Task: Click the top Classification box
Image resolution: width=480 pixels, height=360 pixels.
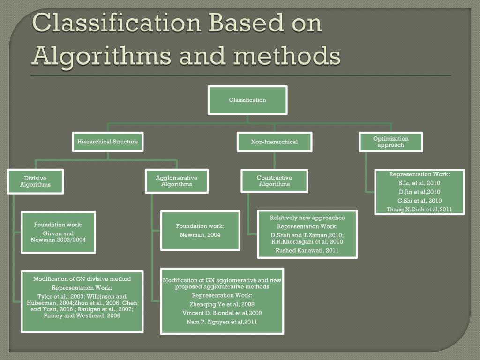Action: [247, 100]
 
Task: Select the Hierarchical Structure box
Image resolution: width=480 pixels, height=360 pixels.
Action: [107, 142]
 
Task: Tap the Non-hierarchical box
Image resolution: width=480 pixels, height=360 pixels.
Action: [274, 142]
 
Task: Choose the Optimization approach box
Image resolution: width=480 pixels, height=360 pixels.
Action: [391, 142]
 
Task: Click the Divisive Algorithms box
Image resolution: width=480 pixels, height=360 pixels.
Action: [35, 181]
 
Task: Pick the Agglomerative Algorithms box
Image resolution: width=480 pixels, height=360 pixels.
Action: [176, 181]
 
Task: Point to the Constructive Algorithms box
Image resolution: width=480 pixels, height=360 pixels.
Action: [274, 181]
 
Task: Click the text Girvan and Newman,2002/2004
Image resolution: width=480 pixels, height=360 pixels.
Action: [58, 237]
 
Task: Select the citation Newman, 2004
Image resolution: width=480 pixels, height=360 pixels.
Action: [200, 235]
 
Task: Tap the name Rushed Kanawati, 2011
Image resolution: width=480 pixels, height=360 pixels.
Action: [307, 251]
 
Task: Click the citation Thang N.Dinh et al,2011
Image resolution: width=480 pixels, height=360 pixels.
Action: [419, 210]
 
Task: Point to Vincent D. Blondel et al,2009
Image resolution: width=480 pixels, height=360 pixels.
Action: [222, 313]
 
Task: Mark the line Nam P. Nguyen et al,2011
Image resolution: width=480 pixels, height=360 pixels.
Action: [222, 322]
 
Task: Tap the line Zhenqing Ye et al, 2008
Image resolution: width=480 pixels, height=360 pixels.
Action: [222, 304]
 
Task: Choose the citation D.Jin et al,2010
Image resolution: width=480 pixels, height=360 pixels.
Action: [419, 192]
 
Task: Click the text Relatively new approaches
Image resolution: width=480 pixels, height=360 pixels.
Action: [307, 217]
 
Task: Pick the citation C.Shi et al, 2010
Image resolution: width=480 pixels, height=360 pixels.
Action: [419, 201]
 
